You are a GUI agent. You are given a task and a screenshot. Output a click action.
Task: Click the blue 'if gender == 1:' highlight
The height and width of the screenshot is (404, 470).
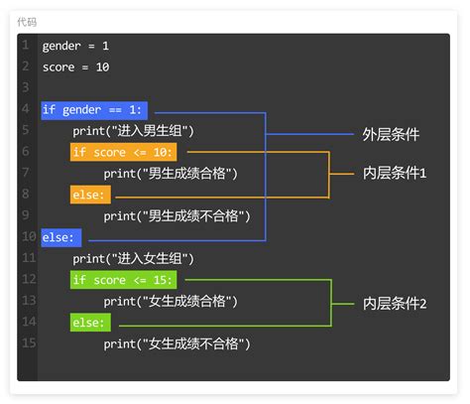95,110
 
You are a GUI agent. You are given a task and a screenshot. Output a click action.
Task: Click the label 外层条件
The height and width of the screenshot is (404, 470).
391,133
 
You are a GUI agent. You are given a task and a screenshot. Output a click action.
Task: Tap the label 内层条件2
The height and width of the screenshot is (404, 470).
395,302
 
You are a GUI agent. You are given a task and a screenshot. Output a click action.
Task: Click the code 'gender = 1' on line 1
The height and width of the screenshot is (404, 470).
76,46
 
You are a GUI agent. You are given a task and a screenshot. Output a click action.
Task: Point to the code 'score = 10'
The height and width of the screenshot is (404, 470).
75,67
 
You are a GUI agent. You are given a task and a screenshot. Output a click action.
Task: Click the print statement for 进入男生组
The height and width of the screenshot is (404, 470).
133,131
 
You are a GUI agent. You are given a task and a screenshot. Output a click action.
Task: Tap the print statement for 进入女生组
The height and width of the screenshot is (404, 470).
133,259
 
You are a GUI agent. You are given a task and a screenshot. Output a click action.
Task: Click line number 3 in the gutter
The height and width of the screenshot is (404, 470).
27,88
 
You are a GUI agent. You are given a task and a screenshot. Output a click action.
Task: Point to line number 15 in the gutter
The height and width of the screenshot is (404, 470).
27,343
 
